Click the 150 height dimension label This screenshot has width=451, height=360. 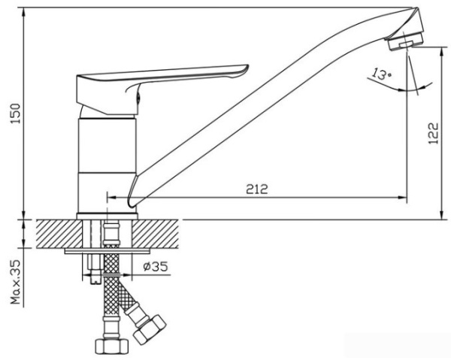click(x=16, y=113)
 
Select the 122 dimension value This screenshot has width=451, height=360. click(x=433, y=134)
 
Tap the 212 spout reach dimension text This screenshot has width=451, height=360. click(x=257, y=189)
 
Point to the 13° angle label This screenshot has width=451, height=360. click(x=381, y=74)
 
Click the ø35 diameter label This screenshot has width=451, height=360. click(x=156, y=267)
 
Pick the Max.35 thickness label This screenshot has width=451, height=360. click(x=16, y=282)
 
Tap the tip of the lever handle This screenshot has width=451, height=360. click(x=246, y=68)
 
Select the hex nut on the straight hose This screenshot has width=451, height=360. click(x=111, y=346)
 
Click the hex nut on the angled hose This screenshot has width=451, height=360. click(x=150, y=329)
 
